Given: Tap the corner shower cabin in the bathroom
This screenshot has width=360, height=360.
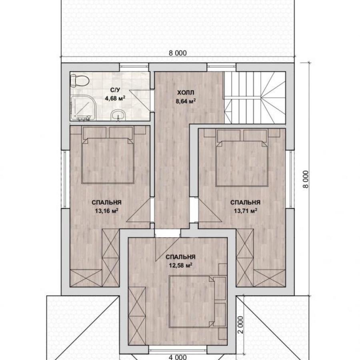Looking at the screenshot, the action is coord(82,108).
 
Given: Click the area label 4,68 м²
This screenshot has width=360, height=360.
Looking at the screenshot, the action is coord(115,98).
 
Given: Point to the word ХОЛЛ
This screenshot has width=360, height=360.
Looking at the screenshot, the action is coord(186,92).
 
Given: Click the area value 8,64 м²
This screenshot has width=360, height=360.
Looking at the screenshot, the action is coord(186,101).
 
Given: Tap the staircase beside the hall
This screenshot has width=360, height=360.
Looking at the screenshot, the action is coord(255,98).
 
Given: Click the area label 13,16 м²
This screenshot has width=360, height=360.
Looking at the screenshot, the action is coord(106,210).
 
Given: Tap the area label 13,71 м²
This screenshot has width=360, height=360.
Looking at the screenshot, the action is coord(245,210).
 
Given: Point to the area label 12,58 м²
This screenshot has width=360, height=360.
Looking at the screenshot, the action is coord(180,265).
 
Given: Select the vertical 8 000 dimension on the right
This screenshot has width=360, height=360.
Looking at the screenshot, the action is coord(306,179).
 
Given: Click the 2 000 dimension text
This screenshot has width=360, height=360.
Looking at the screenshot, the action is coord(240,325).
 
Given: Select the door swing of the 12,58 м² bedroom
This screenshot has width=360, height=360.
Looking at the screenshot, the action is coord(168,249).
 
